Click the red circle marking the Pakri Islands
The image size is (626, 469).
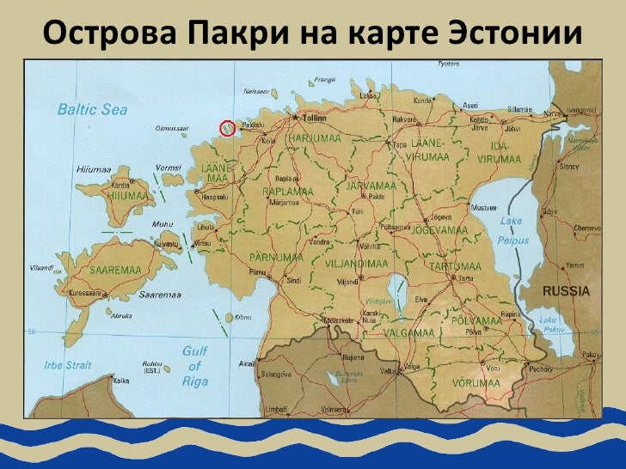click(x=228, y=128)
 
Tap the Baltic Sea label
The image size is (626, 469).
click(x=92, y=109)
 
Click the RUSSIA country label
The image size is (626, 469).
click(x=566, y=291)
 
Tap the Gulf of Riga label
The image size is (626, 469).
click(x=195, y=366)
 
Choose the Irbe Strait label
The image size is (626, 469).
click(x=67, y=365)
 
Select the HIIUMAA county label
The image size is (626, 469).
click(x=130, y=197)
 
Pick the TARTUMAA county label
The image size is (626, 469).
click(x=456, y=266)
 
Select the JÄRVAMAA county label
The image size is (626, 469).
click(x=370, y=186)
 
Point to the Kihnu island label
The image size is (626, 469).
click(x=244, y=317)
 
